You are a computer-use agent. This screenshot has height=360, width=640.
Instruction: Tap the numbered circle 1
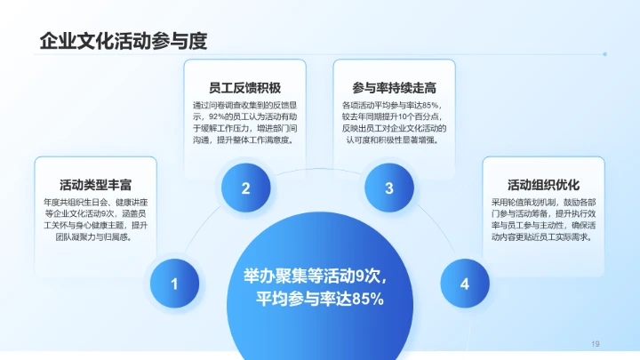click(x=175, y=284)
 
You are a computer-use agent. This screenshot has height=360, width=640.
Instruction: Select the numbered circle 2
click(x=245, y=188)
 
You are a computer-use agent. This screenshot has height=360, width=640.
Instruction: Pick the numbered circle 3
click(x=389, y=188)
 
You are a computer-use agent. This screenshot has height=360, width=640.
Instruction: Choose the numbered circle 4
click(x=465, y=284)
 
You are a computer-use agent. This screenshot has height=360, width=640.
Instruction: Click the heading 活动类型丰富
click(x=96, y=185)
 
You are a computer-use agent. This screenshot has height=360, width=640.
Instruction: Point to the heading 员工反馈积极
click(x=245, y=88)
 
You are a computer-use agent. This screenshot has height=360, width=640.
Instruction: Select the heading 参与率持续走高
click(x=394, y=88)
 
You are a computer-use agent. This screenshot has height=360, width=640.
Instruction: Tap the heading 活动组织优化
click(x=543, y=185)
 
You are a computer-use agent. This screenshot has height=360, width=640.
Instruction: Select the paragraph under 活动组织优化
click(x=543, y=220)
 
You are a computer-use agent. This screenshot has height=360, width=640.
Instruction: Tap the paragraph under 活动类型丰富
click(x=96, y=220)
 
